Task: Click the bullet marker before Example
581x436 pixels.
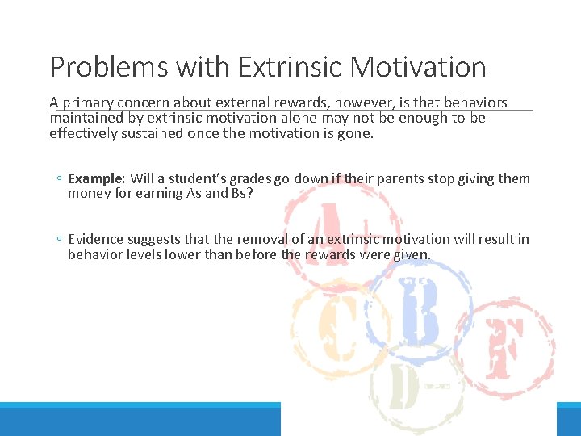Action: point(60,179)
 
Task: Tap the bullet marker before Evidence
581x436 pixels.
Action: point(60,240)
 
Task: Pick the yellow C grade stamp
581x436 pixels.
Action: point(334,331)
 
